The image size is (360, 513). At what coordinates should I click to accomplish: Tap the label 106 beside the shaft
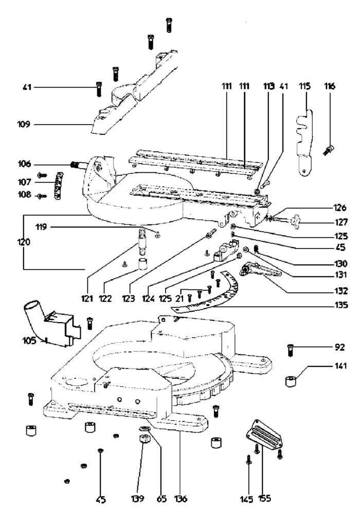tap(24, 164)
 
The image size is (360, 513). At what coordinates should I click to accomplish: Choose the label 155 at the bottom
tap(265, 498)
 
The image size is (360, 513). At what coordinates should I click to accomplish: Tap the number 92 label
tap(340, 347)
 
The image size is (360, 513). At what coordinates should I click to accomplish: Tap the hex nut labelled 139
tap(142, 440)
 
